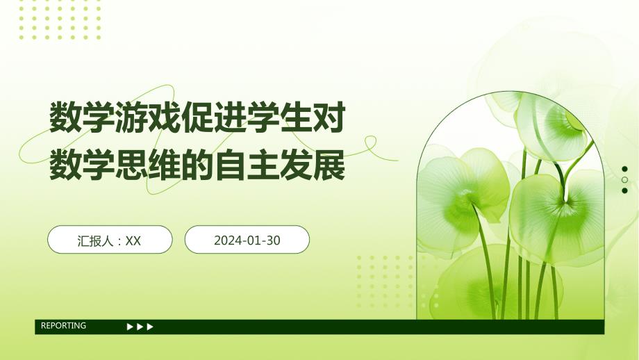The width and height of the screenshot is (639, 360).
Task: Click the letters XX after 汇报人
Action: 133,240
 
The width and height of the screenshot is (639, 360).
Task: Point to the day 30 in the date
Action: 273,240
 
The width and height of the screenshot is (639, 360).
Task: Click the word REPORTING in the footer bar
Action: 64,326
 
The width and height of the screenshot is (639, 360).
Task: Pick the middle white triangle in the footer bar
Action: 140,327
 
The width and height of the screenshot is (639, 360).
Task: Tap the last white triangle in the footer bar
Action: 150,327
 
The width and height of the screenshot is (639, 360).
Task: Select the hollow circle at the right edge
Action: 625,179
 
